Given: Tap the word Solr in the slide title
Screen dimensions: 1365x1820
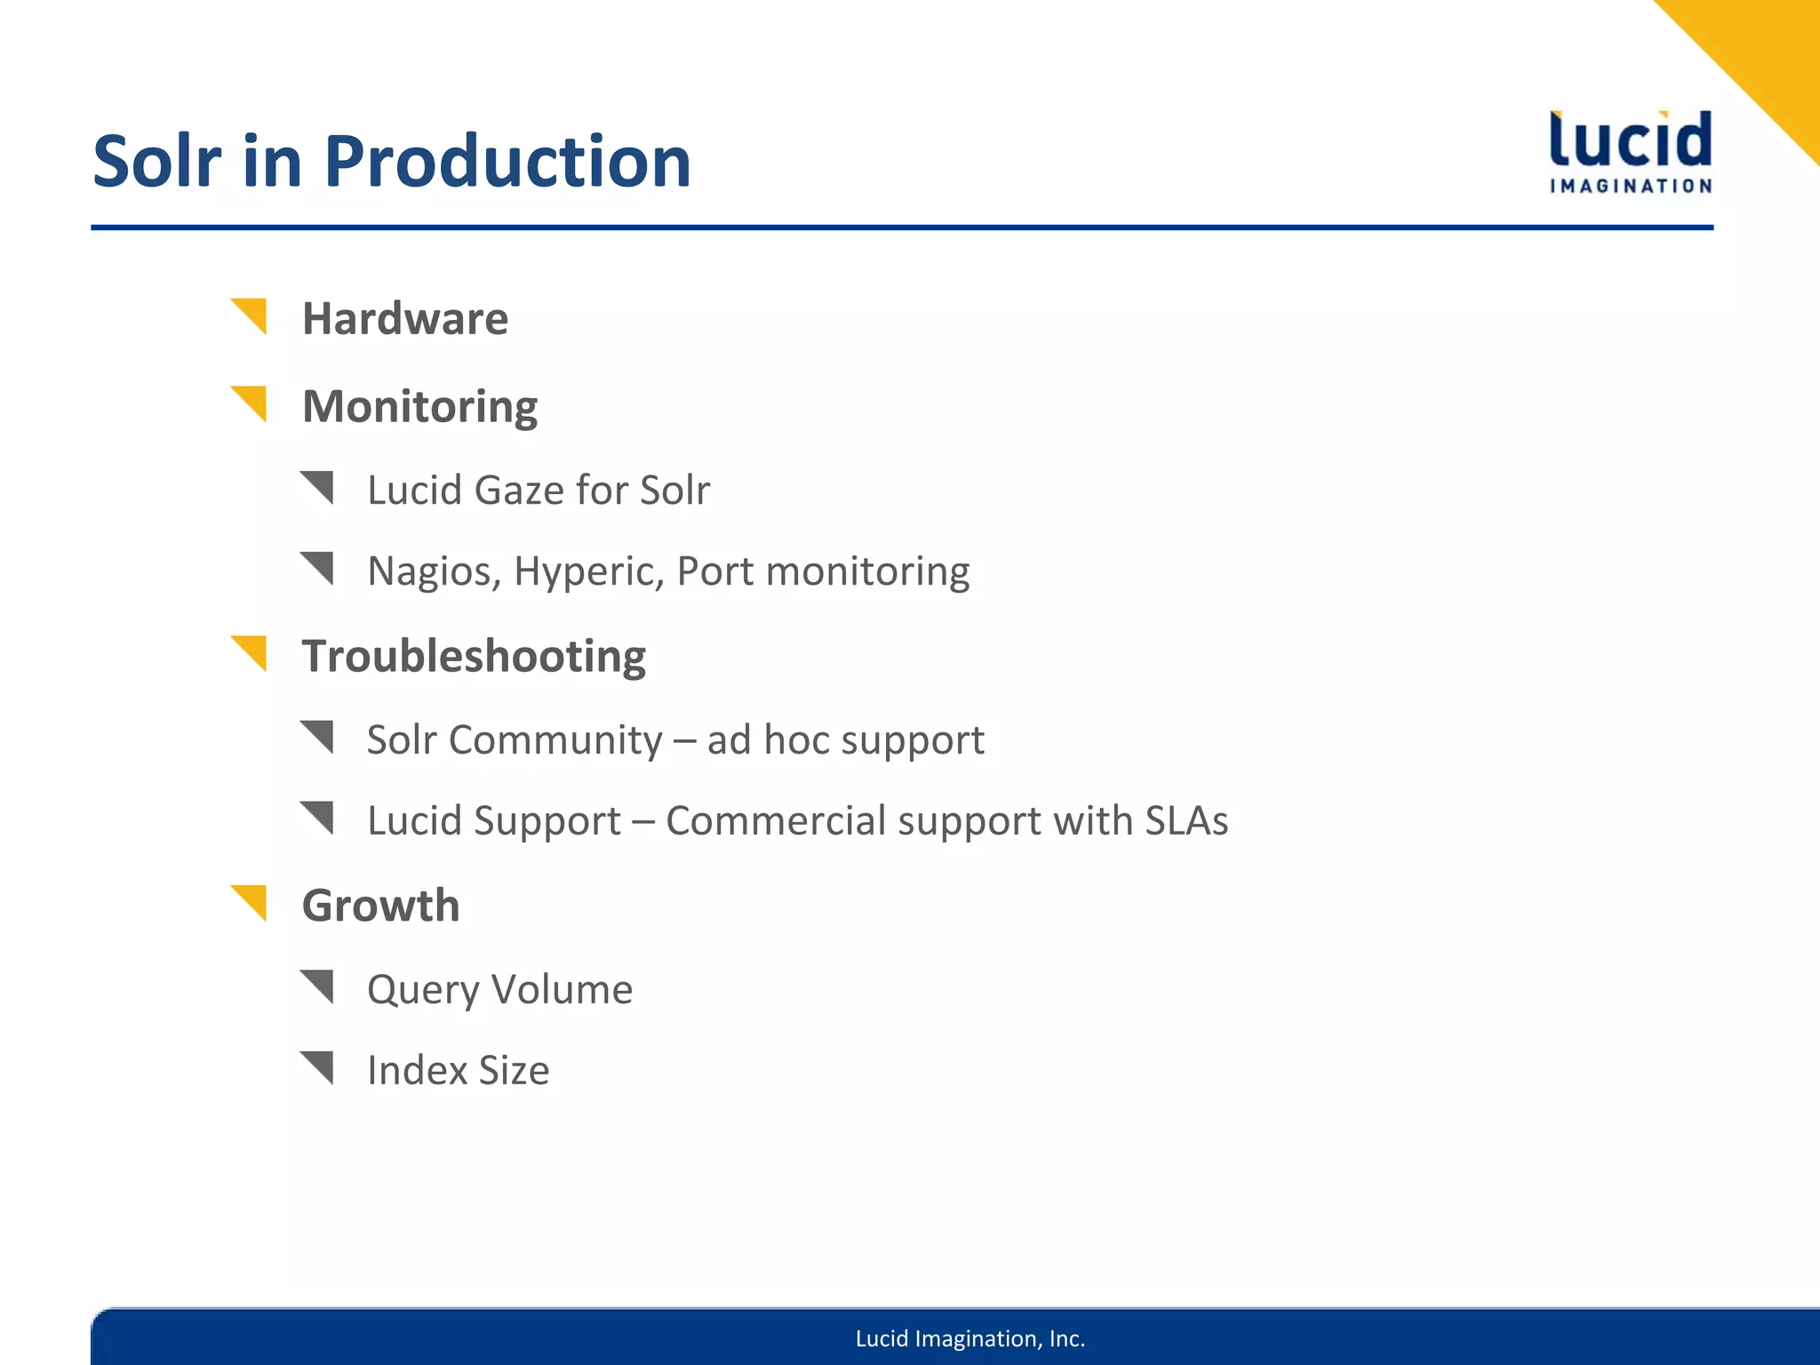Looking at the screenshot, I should tap(156, 163).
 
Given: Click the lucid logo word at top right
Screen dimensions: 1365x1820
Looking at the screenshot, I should tap(1631, 140).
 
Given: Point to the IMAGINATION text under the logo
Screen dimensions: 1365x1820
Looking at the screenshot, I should tap(1631, 186).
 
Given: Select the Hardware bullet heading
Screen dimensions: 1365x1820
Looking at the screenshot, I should tap(405, 318).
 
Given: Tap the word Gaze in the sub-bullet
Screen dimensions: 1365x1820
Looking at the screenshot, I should tap(519, 490).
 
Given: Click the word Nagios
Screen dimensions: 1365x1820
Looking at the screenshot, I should tap(434, 571).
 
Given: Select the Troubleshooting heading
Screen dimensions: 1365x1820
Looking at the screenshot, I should tap(474, 656).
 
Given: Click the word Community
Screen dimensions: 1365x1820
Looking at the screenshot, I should tap(555, 739).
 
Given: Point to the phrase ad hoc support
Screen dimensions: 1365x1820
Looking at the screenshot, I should tap(845, 739).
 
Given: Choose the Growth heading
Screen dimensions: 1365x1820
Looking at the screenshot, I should tap(380, 906).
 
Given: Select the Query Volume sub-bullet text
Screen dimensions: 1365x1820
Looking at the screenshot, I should tap(499, 989).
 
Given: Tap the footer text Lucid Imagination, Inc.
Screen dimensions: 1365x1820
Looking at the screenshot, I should tap(970, 1338).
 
